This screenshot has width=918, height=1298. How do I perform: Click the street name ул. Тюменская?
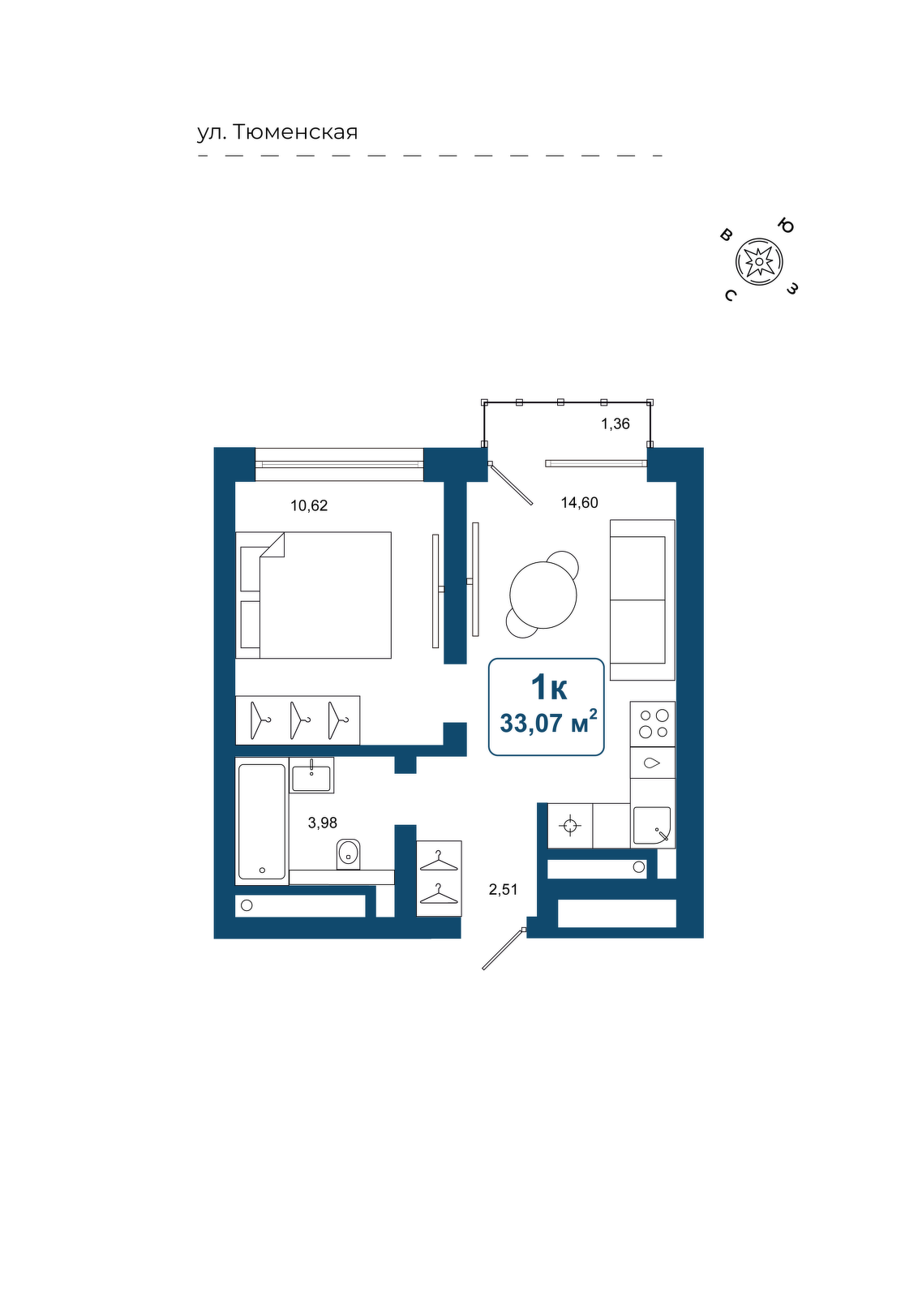tap(277, 133)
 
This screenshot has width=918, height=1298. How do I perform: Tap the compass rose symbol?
tap(759, 262)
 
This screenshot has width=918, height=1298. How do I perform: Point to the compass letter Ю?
tap(785, 226)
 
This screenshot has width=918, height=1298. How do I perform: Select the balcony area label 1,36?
tap(615, 424)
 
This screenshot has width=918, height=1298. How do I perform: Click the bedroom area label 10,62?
tap(309, 506)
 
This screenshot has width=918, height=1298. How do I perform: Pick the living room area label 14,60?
tap(579, 503)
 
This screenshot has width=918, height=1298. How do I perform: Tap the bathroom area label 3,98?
tap(323, 823)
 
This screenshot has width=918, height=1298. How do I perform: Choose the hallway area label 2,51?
tap(504, 889)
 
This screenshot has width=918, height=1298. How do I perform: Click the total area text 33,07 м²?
tap(548, 723)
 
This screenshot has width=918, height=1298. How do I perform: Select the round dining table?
tap(543, 595)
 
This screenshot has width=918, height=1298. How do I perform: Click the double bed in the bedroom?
tap(313, 595)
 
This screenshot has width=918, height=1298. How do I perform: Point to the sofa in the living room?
tap(642, 600)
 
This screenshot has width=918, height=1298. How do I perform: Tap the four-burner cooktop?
tap(653, 724)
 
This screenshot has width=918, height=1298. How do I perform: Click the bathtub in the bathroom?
tap(262, 821)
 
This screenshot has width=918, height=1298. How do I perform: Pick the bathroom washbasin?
tap(311, 776)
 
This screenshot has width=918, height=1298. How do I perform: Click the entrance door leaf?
tap(504, 949)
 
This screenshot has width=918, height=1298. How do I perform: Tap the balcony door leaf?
tap(510, 484)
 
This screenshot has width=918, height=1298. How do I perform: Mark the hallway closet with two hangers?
tap(439, 879)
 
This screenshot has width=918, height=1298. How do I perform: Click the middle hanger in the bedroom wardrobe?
tap(299, 720)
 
